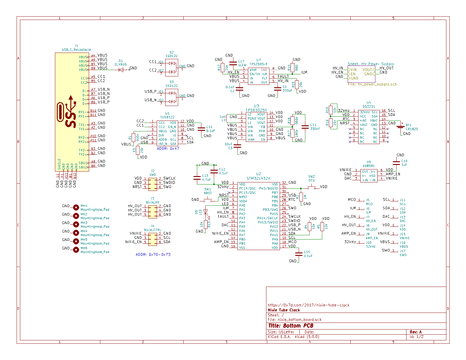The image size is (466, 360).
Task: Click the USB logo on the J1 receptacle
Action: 67,112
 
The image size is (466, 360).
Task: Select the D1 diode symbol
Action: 121,70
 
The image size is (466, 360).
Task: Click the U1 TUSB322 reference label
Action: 167,114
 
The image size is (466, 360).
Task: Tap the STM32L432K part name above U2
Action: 259,178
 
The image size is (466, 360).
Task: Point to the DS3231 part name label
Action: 369,107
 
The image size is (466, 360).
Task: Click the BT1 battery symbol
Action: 400,127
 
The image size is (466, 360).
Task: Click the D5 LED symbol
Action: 206,212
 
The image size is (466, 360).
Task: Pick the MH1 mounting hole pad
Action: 76,207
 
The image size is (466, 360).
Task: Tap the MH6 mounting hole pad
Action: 76,249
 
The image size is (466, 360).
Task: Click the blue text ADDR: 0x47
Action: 168,149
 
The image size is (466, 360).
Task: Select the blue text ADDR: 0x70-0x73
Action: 153,255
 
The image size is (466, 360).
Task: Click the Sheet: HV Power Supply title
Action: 371,64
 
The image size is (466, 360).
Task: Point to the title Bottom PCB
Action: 291,326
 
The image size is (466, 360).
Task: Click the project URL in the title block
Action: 308,305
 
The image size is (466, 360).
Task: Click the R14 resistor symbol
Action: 292,68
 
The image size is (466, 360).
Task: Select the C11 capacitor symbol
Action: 305,127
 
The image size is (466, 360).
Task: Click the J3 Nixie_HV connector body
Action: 153,211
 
